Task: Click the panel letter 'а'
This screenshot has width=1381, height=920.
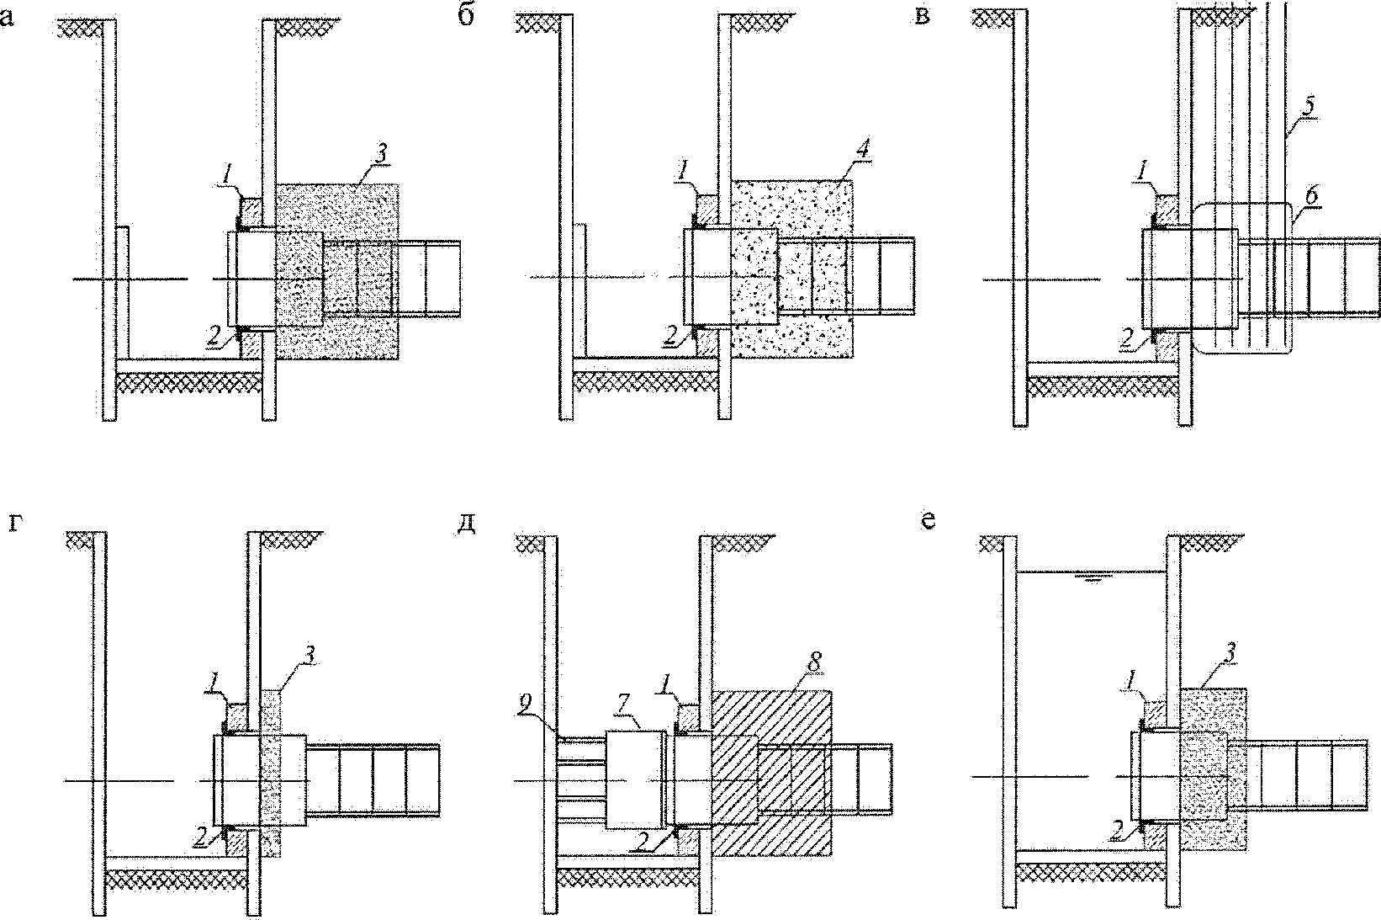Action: coord(7,19)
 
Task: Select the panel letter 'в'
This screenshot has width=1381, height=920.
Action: coord(922,18)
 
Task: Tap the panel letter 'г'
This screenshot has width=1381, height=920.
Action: coord(17,523)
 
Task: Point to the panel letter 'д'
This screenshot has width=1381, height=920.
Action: coord(467,524)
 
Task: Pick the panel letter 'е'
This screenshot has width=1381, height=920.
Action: coord(928,522)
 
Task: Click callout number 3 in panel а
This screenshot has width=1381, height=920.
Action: coord(382,154)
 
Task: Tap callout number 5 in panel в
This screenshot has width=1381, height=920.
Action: coord(1309,105)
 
